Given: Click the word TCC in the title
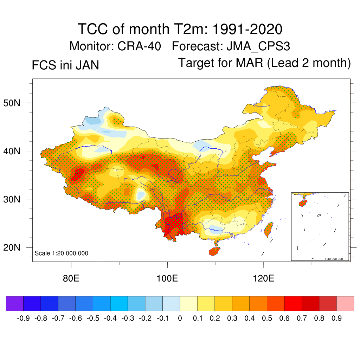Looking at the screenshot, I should click(x=92, y=29).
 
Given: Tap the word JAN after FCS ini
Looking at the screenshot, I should click(x=86, y=65).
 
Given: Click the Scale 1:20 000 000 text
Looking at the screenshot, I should click(x=62, y=253).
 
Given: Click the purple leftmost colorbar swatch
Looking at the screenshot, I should click(x=15, y=304).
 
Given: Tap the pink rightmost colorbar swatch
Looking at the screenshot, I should click(x=345, y=304).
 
